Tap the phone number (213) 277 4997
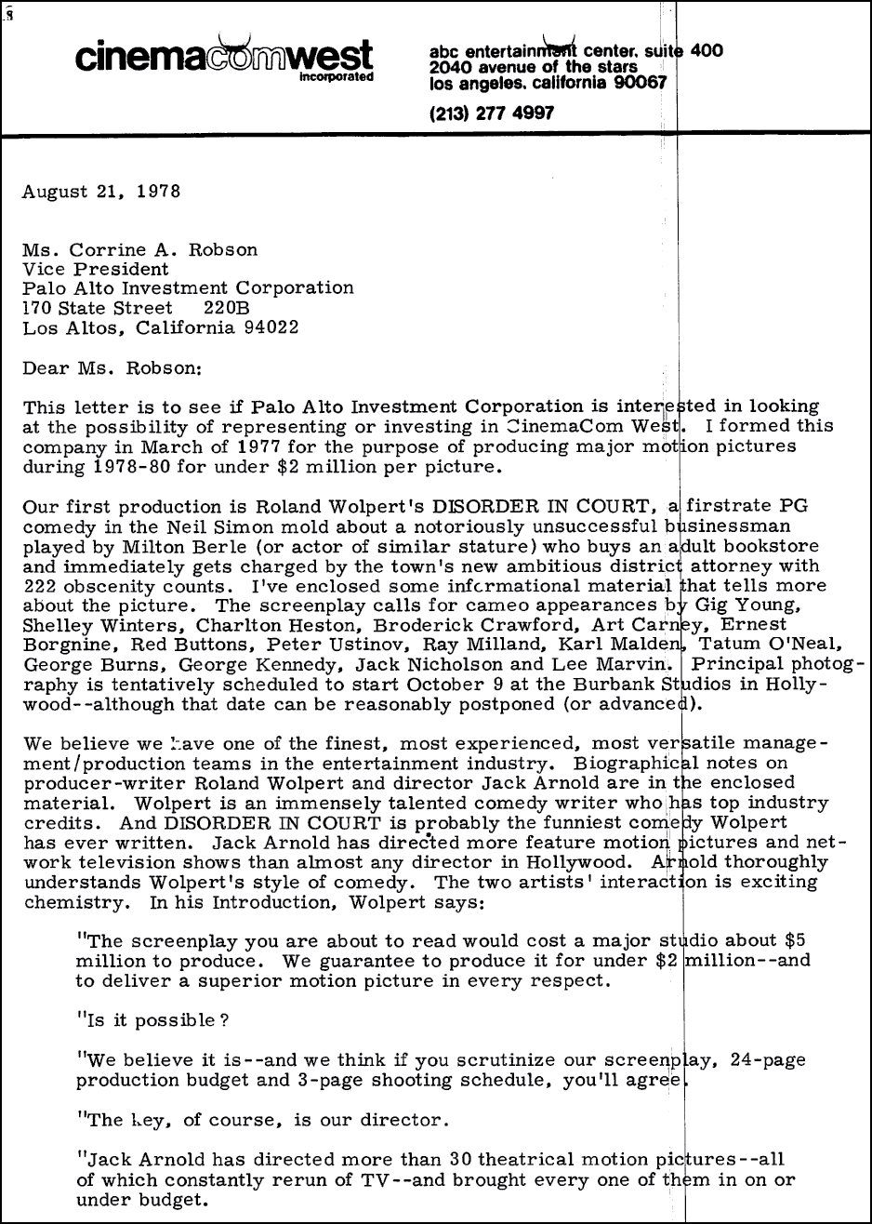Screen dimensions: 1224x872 (x=492, y=113)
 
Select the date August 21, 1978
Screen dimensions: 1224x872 (x=101, y=193)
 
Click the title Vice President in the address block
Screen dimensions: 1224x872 (x=96, y=269)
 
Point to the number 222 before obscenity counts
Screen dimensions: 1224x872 (x=40, y=585)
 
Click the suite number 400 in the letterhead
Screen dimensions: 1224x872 (x=707, y=51)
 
